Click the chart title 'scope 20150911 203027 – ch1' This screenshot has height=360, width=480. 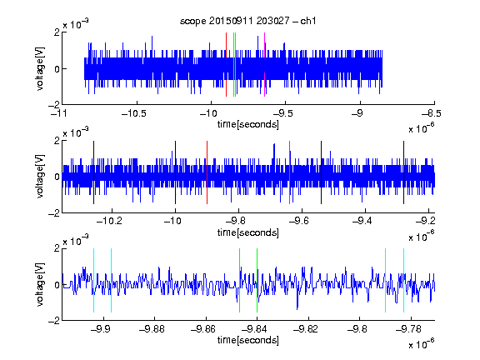[x=248, y=21]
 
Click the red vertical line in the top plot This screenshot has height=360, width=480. [x=226, y=65]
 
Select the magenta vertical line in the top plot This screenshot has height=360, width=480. [x=264, y=65]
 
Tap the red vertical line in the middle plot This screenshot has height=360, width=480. [x=207, y=172]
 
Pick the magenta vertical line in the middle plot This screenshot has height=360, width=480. [x=290, y=172]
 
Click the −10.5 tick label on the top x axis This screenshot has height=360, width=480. [x=134, y=114]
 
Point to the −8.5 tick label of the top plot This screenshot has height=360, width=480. [x=432, y=114]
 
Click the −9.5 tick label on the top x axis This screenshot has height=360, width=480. [x=282, y=114]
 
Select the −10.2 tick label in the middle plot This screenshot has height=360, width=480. [x=109, y=221]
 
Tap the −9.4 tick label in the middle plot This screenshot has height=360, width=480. [x=362, y=221]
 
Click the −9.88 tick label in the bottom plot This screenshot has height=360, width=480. [x=152, y=329]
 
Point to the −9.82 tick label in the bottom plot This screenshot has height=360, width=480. [x=306, y=329]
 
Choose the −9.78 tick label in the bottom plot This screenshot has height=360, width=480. [x=408, y=329]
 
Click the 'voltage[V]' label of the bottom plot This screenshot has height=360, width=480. [x=40, y=284]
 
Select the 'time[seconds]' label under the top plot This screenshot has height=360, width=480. [x=248, y=125]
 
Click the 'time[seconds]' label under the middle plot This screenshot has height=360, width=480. [x=248, y=233]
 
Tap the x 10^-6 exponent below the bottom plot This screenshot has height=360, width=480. [x=422, y=344]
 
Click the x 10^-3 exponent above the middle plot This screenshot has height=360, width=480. [x=76, y=132]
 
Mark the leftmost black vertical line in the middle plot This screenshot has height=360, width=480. [x=93, y=172]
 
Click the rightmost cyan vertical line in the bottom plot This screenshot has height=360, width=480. [x=404, y=280]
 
